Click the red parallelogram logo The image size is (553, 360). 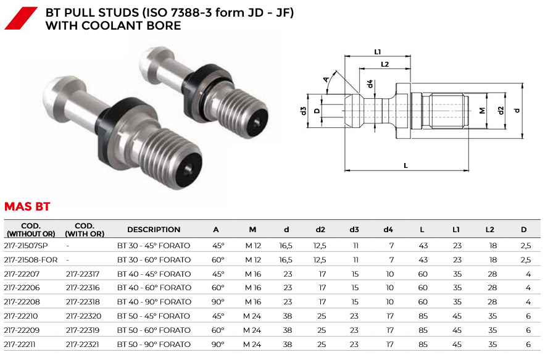pyautogui.click(x=21, y=18)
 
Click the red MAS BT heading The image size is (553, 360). pyautogui.click(x=27, y=206)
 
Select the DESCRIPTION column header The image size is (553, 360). pyautogui.click(x=154, y=230)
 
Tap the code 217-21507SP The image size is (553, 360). pyautogui.click(x=26, y=246)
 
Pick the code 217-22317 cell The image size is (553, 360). pyautogui.click(x=83, y=274)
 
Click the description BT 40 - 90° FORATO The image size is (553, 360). pyautogui.click(x=154, y=302)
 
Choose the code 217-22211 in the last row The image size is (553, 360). pyautogui.click(x=20, y=344)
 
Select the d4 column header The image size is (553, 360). pyautogui.click(x=388, y=230)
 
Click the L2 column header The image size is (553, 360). pyautogui.click(x=489, y=230)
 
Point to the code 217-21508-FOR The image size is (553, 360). pyautogui.click(x=31, y=260)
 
